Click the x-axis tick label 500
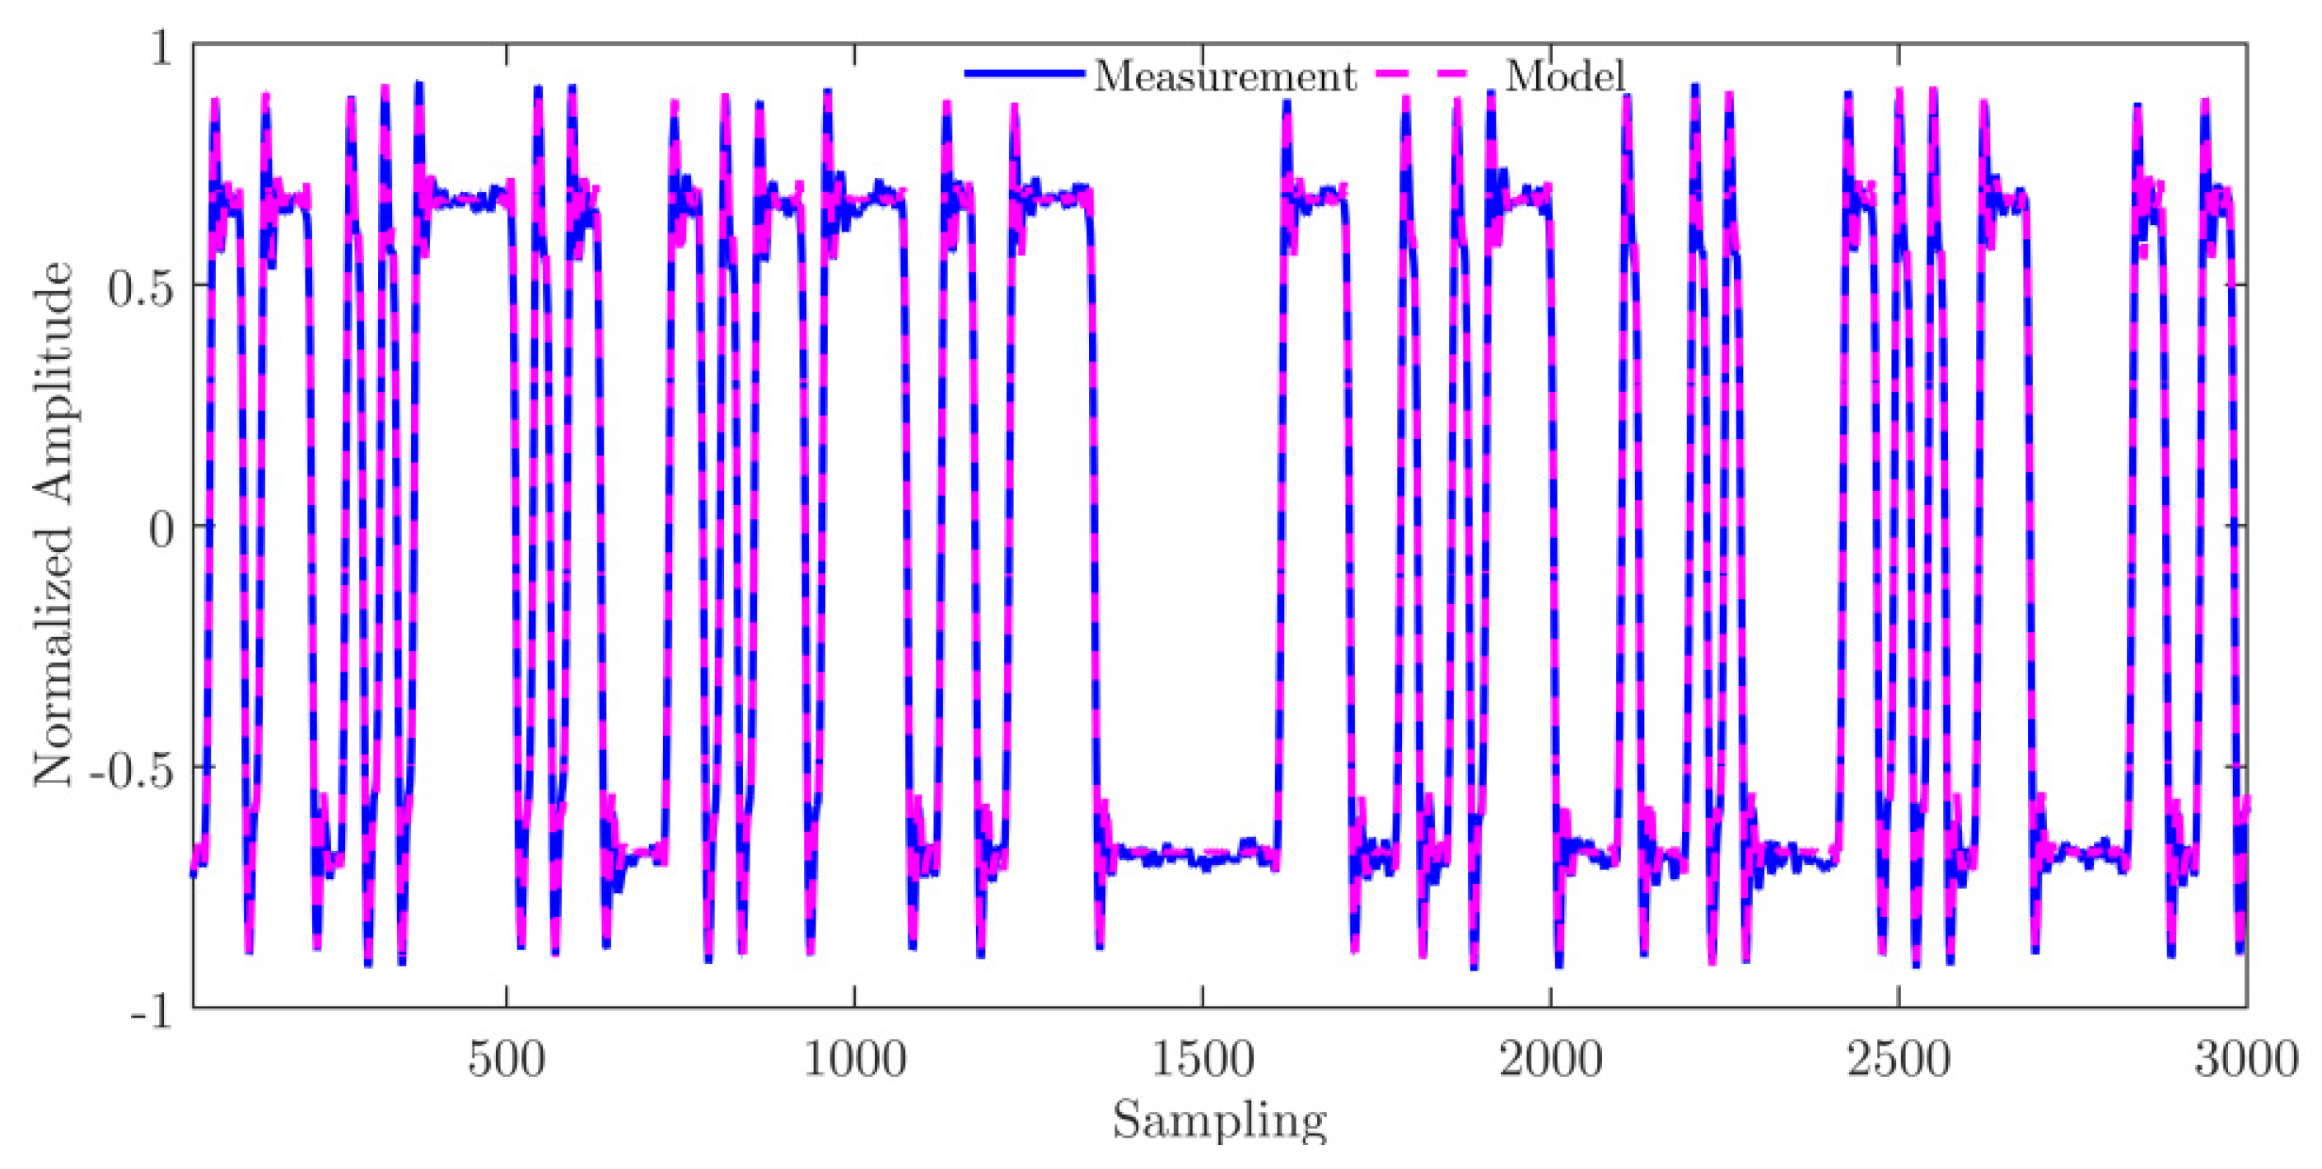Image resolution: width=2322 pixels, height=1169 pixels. [x=507, y=1060]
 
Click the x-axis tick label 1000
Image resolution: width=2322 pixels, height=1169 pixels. [x=854, y=1060]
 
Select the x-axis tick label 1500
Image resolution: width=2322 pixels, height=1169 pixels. [x=1203, y=1060]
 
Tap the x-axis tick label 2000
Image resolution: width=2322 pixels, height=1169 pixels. [x=1550, y=1060]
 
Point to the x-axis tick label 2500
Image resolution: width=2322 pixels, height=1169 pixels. [x=1899, y=1060]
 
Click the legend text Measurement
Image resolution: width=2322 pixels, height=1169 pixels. [x=1224, y=76]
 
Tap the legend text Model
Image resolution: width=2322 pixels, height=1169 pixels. [x=1565, y=76]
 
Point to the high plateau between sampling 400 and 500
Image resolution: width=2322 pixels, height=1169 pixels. [x=469, y=200]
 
